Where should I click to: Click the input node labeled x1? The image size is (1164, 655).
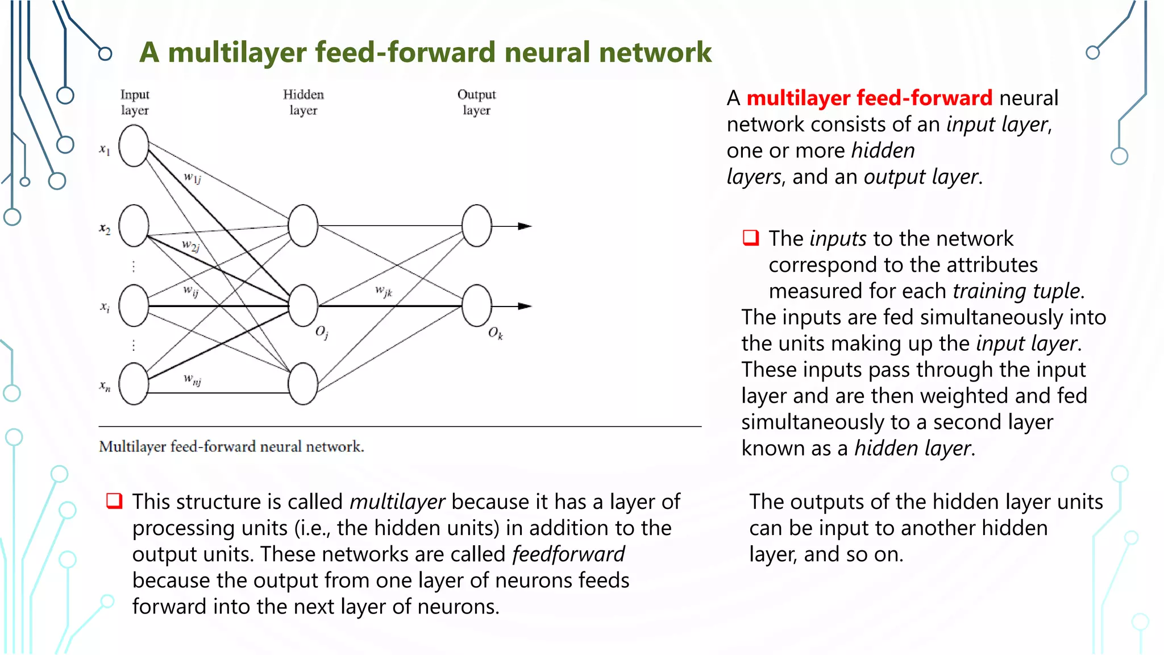(134, 146)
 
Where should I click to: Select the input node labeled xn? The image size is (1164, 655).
(134, 384)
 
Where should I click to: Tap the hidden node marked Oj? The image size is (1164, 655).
(303, 305)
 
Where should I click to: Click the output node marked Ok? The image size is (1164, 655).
(476, 305)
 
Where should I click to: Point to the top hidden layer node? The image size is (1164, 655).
(303, 226)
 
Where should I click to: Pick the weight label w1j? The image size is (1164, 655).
(193, 178)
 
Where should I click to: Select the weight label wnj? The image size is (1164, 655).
(193, 379)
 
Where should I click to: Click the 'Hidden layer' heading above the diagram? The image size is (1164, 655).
(303, 102)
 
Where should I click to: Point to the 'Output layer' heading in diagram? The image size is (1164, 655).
(476, 102)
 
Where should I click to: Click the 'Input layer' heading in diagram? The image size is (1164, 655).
(135, 102)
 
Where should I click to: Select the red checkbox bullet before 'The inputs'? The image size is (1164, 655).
(751, 238)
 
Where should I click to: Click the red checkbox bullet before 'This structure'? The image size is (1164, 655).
(114, 501)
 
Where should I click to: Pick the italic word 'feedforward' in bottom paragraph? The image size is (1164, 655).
(568, 554)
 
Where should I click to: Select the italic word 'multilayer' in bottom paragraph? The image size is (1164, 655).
(397, 502)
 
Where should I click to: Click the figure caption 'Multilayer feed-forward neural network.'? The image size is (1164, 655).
(231, 447)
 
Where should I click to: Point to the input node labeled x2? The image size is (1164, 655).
(134, 226)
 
